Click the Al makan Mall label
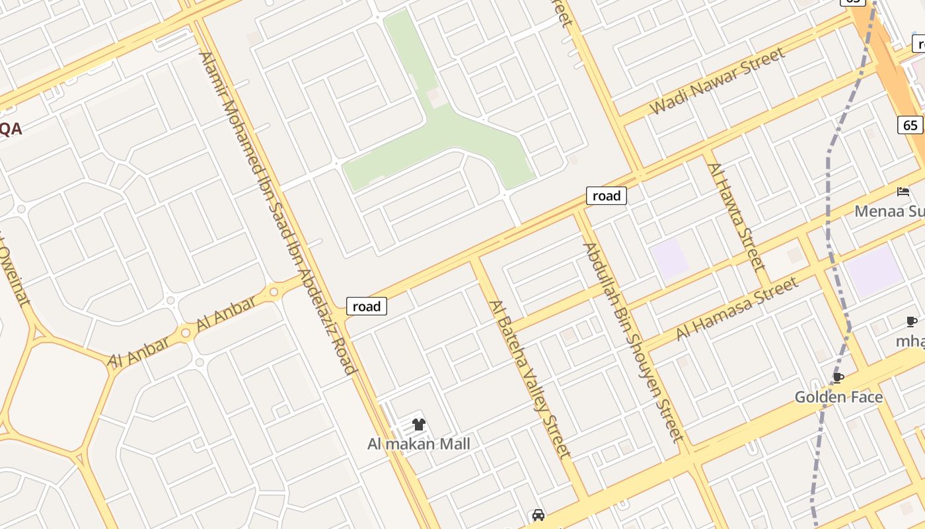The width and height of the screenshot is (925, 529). point(419,444)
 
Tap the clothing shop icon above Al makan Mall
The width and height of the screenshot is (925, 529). point(419,425)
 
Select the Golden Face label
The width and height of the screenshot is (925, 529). point(838,397)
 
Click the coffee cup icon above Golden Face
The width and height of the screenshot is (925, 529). point(838,378)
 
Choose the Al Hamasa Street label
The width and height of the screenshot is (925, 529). point(737,309)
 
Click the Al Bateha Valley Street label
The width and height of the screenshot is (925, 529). point(529,379)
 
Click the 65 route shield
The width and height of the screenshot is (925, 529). point(910,125)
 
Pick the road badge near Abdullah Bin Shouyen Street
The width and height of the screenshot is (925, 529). point(606,196)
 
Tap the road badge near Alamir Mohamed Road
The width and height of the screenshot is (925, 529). point(367,306)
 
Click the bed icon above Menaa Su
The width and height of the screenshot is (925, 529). point(903,192)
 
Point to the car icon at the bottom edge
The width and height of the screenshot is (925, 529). point(538,515)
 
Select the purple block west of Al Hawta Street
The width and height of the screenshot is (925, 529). point(670,258)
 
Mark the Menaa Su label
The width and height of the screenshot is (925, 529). point(889,212)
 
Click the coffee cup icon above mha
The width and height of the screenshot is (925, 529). point(912,322)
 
